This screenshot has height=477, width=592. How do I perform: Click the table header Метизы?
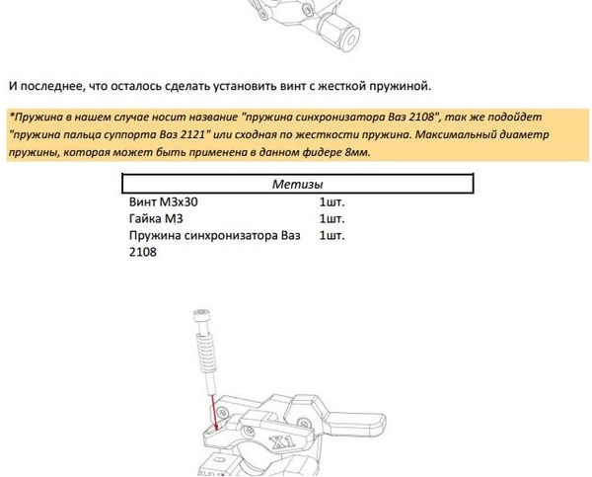click(x=297, y=184)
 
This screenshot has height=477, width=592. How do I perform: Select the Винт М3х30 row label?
click(x=170, y=201)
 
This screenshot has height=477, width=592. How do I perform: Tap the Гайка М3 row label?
click(x=157, y=218)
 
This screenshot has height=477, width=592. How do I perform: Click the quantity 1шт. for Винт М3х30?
click(x=333, y=201)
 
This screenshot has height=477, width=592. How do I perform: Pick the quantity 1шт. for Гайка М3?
click(x=333, y=218)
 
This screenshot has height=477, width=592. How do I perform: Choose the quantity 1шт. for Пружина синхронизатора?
click(x=333, y=236)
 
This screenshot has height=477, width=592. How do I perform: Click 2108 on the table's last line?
click(x=143, y=253)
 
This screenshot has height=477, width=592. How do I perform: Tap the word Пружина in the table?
click(x=159, y=236)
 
